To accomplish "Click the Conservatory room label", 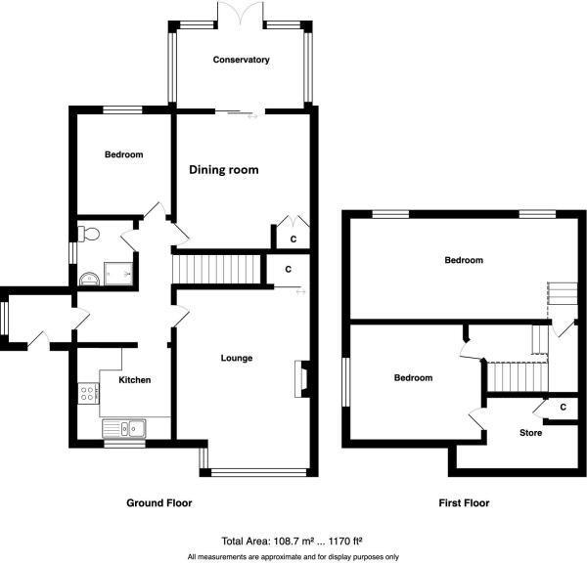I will tap(241, 61).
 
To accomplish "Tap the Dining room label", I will tap(224, 170).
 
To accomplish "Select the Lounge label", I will tap(237, 359).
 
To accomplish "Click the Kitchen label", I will tap(134, 380).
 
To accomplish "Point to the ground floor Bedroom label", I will tap(124, 155).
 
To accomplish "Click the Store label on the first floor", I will tap(530, 432).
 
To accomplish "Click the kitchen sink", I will tap(126, 427).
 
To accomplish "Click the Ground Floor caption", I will tap(158, 503).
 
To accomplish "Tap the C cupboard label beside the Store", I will tap(562, 407).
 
